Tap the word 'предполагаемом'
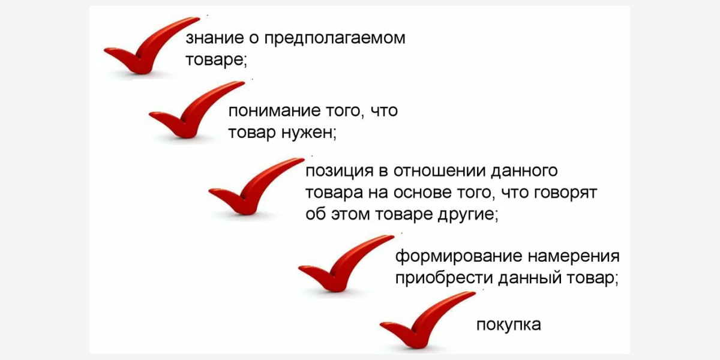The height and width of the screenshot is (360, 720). coord(335,38)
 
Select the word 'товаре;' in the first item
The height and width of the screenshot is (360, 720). coord(217,60)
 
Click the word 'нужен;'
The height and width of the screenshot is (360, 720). coord(309,133)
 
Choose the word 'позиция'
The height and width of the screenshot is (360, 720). coord(340,172)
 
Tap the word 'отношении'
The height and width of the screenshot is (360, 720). coord(439,171)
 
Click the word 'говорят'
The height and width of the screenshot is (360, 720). coord(565,193)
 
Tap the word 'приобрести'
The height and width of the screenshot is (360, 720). coord(444,278)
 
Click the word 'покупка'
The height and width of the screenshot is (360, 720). coord(509,325)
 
